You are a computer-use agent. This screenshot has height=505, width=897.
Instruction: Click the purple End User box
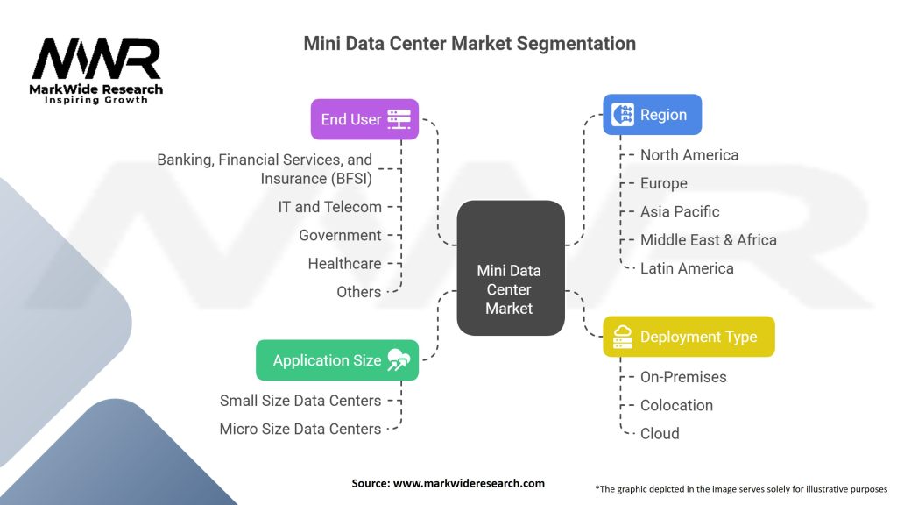(364, 119)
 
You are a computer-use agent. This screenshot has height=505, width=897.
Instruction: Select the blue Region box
(652, 115)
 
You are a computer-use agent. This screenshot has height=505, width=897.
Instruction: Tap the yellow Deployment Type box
(689, 337)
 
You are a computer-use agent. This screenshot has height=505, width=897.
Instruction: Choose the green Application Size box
(337, 360)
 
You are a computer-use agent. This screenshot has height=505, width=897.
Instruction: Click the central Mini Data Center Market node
(511, 268)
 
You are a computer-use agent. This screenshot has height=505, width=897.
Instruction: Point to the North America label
(689, 155)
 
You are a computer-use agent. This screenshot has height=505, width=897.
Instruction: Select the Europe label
(664, 183)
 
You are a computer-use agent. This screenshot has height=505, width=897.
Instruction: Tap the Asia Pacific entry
(680, 212)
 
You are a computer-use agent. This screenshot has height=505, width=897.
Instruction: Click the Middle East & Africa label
(708, 240)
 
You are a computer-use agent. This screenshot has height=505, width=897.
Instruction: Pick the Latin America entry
(687, 268)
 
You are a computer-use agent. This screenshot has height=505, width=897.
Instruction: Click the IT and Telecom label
(329, 207)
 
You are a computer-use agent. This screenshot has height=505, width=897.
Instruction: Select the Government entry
(340, 235)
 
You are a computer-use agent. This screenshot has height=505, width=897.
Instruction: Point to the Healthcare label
(344, 263)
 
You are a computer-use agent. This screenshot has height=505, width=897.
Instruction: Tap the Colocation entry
(676, 405)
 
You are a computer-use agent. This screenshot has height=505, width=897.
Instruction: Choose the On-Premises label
(683, 377)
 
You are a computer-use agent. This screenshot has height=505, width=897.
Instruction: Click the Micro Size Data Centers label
(300, 429)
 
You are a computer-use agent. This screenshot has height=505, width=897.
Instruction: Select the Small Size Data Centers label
(300, 401)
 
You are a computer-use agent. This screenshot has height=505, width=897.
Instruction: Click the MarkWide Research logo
(96, 70)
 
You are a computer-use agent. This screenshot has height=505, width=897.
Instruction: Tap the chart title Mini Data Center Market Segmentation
(470, 44)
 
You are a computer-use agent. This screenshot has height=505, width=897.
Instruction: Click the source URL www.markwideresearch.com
(469, 483)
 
